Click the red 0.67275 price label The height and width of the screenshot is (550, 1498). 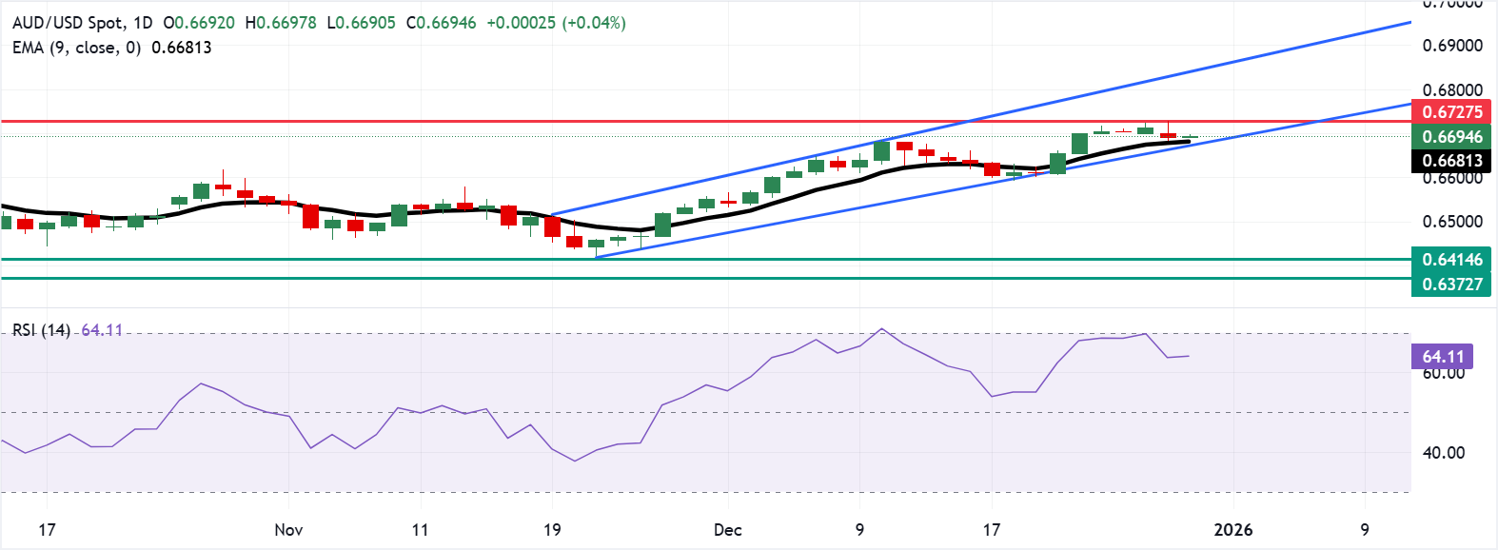click(1451, 112)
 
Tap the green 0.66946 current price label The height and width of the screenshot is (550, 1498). click(1451, 137)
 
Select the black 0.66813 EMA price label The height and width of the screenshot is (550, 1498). click(1451, 161)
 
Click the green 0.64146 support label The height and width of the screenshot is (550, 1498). click(1451, 260)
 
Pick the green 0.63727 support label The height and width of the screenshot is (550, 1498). click(1451, 284)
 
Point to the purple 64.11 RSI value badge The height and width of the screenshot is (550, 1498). click(1442, 357)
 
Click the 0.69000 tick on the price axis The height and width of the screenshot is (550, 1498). click(1451, 46)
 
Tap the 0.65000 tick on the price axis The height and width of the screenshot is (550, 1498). click(1451, 222)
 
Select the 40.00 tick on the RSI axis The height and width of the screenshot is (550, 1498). click(1443, 453)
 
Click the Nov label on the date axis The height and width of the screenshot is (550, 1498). click(288, 530)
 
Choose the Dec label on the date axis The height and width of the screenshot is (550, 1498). click(727, 530)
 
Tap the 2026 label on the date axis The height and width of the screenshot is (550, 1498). click(1233, 530)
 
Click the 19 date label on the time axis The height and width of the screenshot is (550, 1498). click(552, 530)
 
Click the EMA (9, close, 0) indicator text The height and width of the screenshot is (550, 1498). click(76, 48)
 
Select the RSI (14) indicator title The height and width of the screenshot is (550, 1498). click(41, 330)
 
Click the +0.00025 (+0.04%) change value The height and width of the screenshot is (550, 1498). click(556, 23)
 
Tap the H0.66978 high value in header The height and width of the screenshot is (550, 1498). click(281, 23)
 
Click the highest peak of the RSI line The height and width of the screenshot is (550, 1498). click(881, 329)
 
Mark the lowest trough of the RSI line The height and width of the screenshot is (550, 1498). click(574, 462)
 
